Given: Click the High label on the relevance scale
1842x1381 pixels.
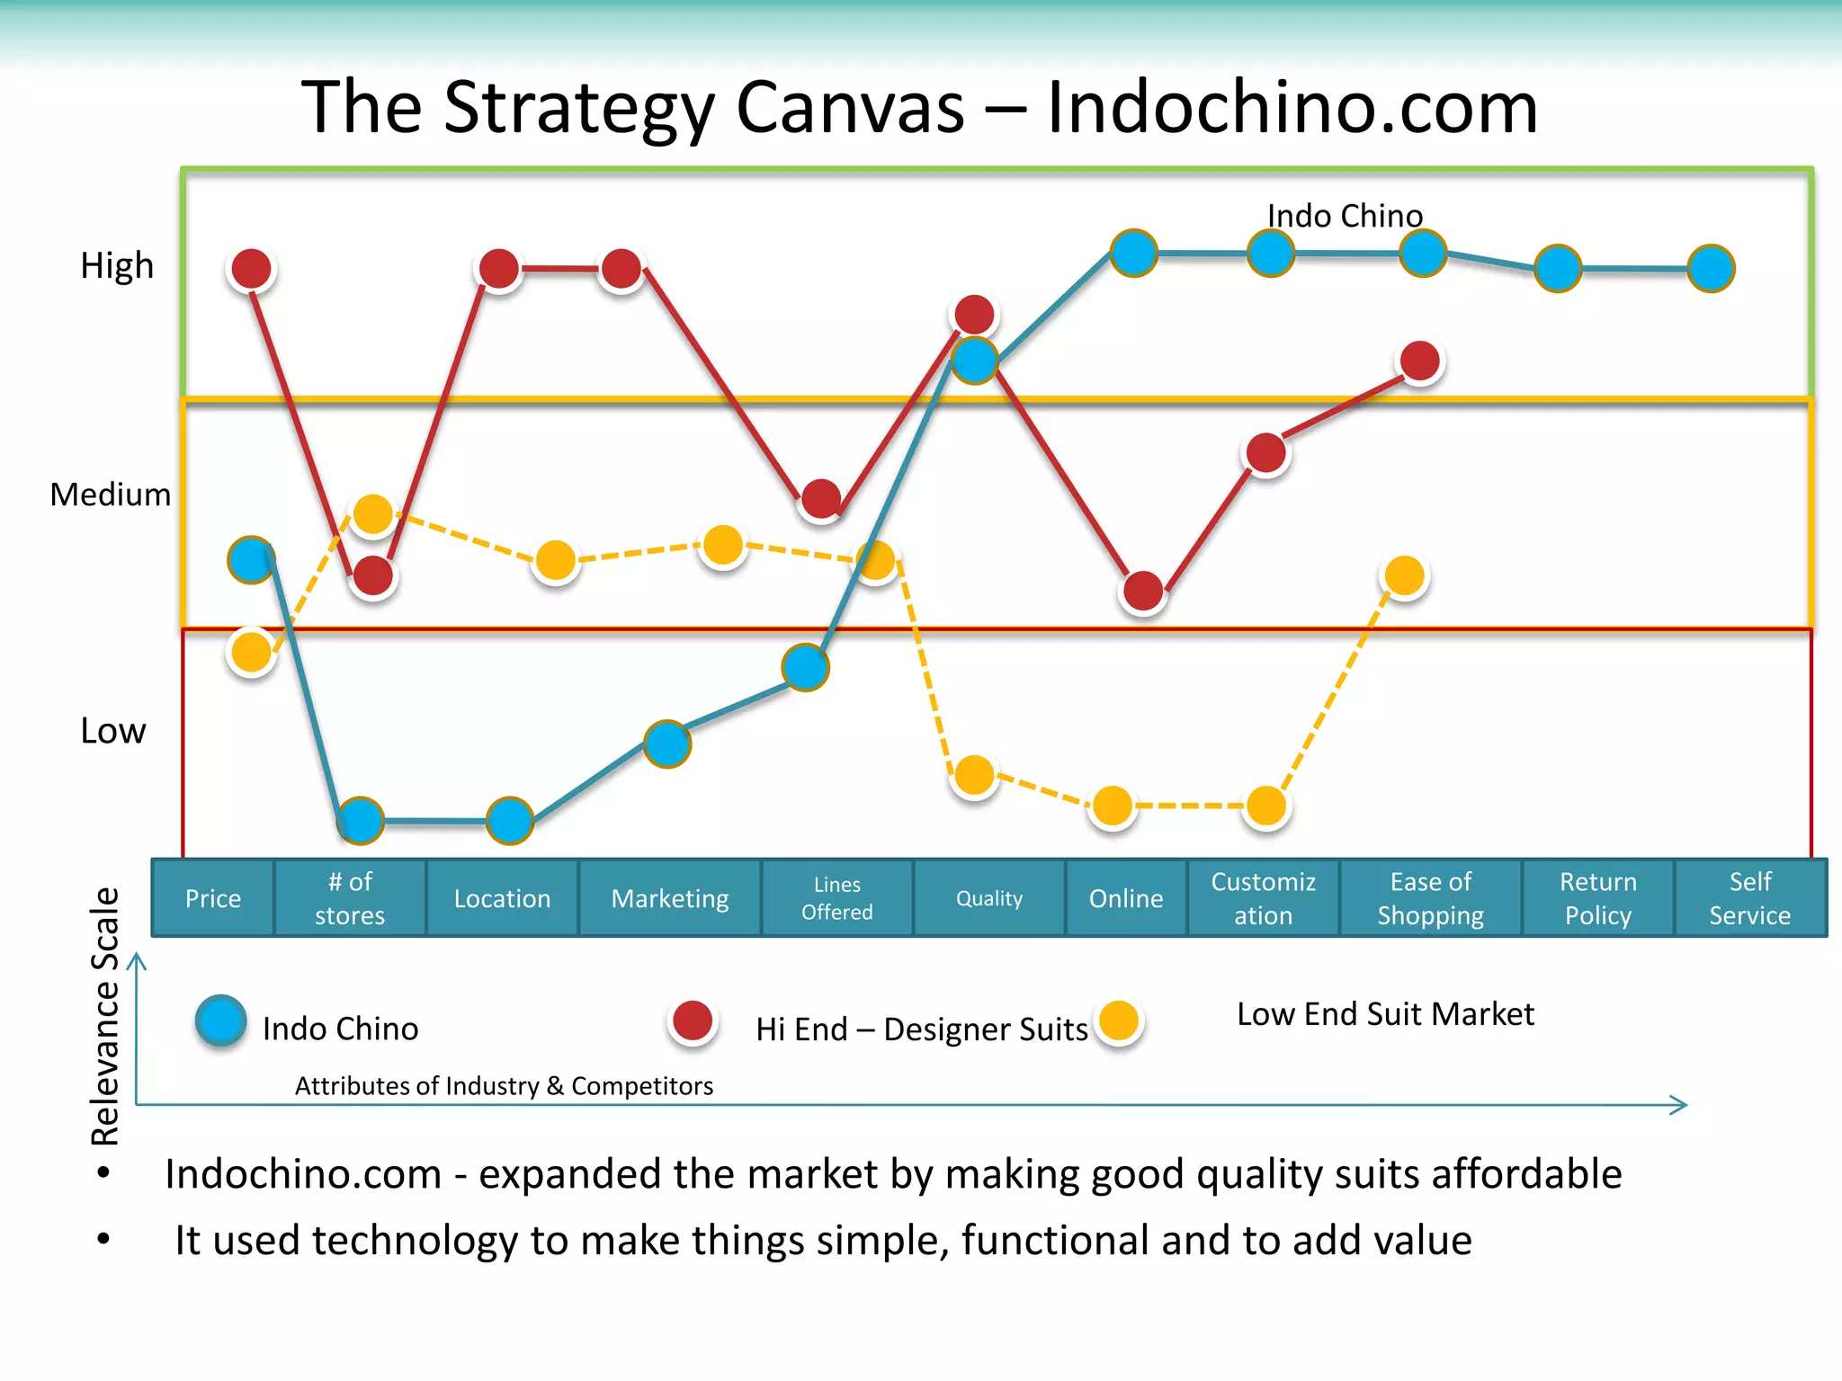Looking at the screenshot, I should click(x=117, y=266).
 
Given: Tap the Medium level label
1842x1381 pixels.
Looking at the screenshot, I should click(x=110, y=494).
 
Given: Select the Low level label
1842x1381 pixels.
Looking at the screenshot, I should click(x=112, y=731).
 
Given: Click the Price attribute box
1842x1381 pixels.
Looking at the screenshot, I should click(x=213, y=898).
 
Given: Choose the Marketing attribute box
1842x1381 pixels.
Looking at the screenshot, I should click(x=670, y=898).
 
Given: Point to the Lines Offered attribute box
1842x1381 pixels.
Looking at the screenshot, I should click(x=836, y=898).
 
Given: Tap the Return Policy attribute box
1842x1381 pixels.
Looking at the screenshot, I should click(x=1597, y=898).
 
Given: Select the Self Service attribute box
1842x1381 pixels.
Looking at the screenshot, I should click(x=1749, y=898).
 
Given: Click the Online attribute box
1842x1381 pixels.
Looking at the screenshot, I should click(x=1126, y=898).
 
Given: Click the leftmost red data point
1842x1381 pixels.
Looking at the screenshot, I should click(x=251, y=268).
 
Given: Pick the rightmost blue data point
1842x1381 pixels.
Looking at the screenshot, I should click(x=1711, y=268).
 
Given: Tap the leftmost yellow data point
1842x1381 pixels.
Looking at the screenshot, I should click(x=251, y=652).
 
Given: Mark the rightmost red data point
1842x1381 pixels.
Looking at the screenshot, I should click(x=1420, y=361).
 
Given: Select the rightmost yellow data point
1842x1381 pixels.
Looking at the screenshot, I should click(x=1404, y=575).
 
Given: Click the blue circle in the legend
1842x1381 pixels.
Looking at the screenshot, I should click(x=220, y=1020).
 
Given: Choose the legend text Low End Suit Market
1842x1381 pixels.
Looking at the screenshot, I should click(x=1385, y=1014).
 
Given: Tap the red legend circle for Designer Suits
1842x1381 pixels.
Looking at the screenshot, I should click(x=693, y=1021).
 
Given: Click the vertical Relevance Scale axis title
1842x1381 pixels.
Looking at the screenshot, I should click(x=105, y=1016).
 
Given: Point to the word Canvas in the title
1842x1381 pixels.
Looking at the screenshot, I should click(x=850, y=108).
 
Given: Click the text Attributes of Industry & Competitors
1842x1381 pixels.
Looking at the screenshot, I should click(x=504, y=1086).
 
